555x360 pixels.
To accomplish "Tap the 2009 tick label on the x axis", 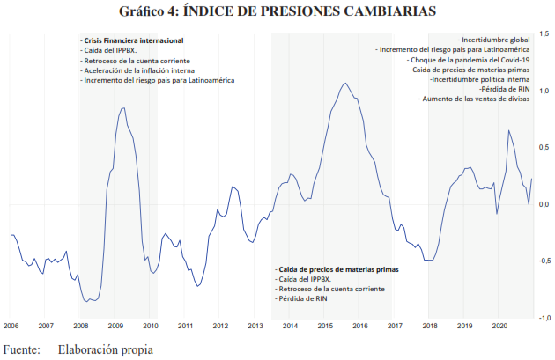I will point(115,325).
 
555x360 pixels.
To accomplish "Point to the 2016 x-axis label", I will point(359,325).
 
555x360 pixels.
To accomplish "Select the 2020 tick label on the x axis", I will point(498,325).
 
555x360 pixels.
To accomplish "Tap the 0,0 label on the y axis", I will point(543,204).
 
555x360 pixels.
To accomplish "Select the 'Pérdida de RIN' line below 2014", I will point(298,298).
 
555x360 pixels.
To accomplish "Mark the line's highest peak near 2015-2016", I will point(345,84).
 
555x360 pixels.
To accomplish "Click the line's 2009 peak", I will point(122,107).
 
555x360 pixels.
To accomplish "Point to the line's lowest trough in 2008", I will point(86,301).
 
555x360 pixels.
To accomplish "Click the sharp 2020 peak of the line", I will point(508,131).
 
